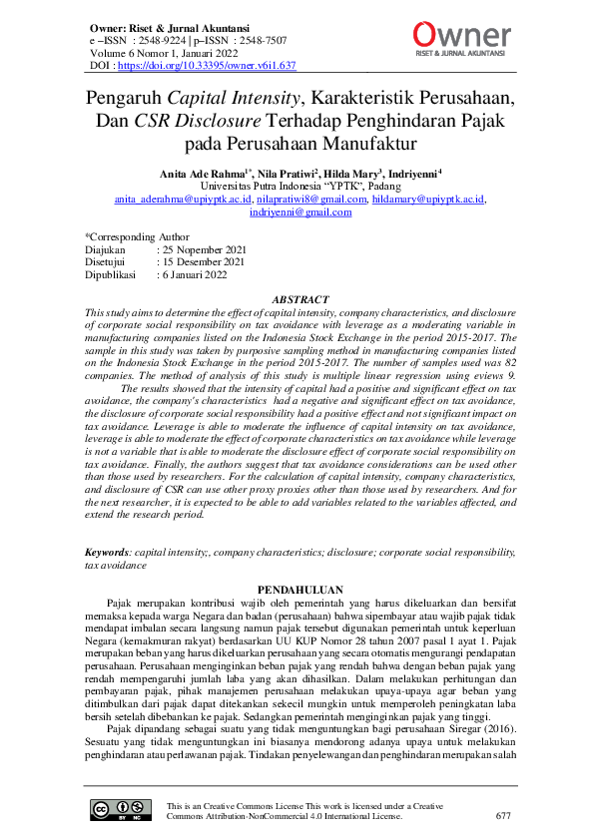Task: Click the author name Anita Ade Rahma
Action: (x=204, y=173)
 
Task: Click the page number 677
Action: (x=503, y=815)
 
